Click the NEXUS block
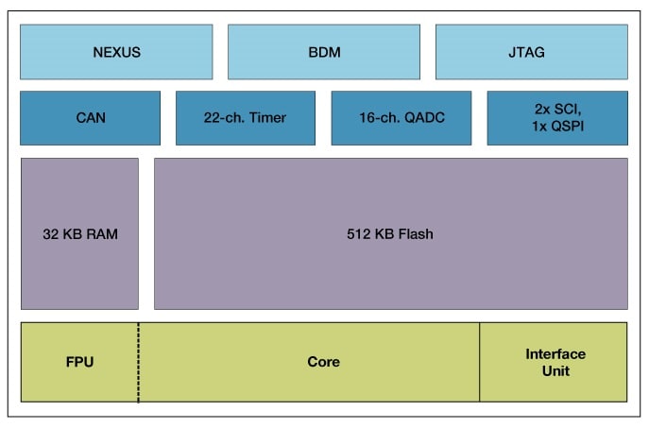coord(116,52)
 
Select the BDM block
coord(324,52)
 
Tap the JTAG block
coord(531,52)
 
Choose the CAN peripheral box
coord(90,118)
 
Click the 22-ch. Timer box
coord(246,118)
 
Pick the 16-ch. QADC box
coord(401,118)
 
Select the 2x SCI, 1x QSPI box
coord(557,118)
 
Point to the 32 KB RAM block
coord(79,233)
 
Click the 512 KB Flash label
coord(390,233)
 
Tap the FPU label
coord(79,362)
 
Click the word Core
coord(323,362)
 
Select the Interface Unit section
coord(555,362)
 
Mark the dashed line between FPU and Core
coord(138,378)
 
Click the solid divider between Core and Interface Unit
coord(480,378)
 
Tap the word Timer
coord(267,118)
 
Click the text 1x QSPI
coord(556,127)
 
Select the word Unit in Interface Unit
coord(555,370)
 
